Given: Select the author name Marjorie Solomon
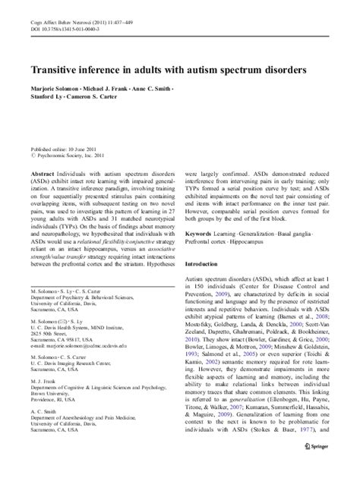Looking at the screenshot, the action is pyautogui.click(x=54, y=90).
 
